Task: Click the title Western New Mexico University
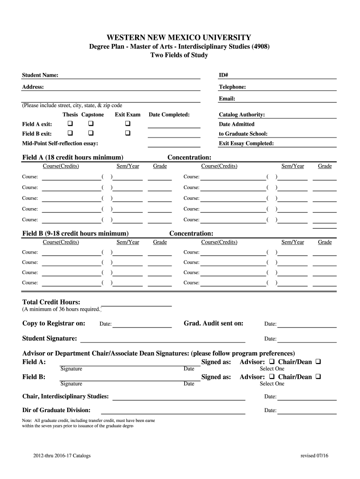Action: click(x=179, y=37)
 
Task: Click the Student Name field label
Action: click(x=40, y=75)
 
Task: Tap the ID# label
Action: click(x=223, y=75)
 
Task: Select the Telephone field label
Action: click(x=232, y=87)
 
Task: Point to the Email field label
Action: click(x=227, y=99)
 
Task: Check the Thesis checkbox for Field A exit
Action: click(x=71, y=124)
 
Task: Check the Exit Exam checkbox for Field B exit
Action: click(x=127, y=134)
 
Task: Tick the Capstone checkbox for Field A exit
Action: click(x=91, y=124)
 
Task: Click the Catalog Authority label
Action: click(x=242, y=115)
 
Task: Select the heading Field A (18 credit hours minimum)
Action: click(x=73, y=157)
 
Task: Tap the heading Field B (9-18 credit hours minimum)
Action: click(x=76, y=233)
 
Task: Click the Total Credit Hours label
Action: click(x=51, y=302)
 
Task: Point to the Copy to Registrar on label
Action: click(x=54, y=323)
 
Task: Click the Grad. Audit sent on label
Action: click(x=213, y=323)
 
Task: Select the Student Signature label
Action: click(x=50, y=338)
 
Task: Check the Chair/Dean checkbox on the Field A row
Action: click(x=318, y=362)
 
